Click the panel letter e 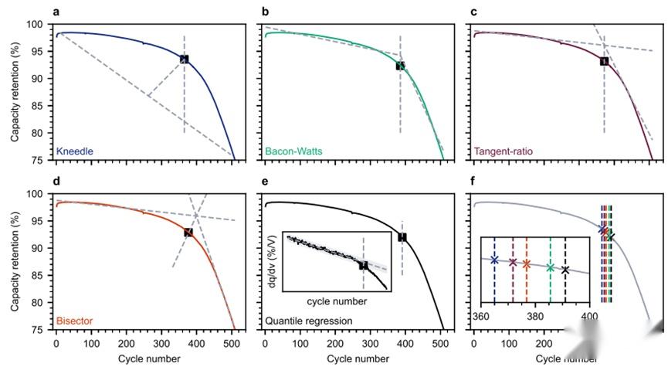[266, 182]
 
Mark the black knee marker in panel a [184, 59]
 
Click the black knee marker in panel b [400, 66]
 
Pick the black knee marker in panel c [604, 61]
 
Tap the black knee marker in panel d [188, 232]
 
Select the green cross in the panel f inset [550, 267]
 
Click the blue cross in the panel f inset [494, 260]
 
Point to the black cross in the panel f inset [565, 270]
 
